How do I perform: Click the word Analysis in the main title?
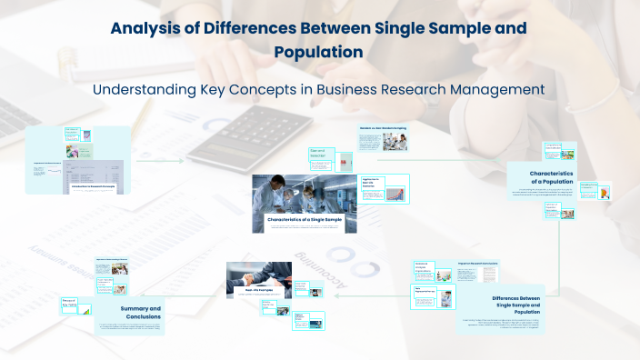tap(146, 27)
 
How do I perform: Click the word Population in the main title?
tap(319, 52)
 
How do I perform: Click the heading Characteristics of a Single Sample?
tap(305, 220)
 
